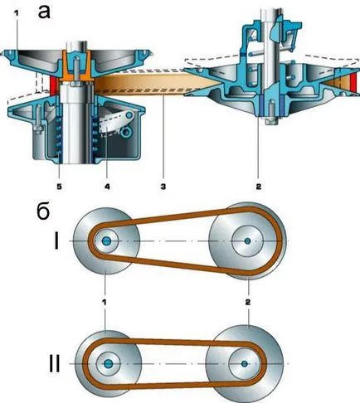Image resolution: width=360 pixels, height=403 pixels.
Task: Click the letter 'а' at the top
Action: click(44, 12)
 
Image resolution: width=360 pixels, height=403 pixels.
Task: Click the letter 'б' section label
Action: click(43, 212)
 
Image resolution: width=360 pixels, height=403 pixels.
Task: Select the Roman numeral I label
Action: click(56, 241)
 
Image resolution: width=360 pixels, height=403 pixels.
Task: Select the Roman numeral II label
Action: click(54, 363)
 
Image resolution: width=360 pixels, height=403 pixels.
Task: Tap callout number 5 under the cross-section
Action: click(59, 187)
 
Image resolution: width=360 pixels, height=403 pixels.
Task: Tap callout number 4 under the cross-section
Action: click(107, 187)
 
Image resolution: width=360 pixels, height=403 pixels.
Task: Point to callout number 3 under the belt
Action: click(163, 187)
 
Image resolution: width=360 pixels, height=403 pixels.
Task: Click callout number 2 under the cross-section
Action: click(259, 187)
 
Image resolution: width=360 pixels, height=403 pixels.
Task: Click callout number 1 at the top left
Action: click(17, 14)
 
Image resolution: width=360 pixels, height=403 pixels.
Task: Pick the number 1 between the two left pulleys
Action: click(105, 302)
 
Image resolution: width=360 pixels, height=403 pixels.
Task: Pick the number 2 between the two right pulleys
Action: click(248, 302)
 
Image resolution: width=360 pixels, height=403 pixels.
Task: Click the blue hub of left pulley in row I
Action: click(106, 241)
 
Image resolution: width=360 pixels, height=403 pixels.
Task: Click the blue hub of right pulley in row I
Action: click(247, 241)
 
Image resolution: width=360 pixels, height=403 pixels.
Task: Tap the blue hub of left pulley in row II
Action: click(108, 363)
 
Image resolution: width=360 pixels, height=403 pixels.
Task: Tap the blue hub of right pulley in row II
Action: click(244, 363)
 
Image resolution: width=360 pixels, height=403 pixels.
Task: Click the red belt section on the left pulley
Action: click(53, 85)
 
